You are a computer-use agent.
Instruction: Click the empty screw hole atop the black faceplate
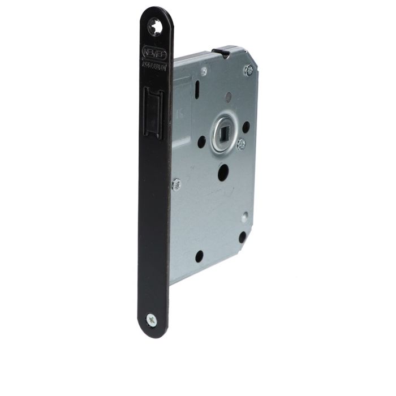[x=156, y=25]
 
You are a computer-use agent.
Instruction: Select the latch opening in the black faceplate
[x=153, y=112]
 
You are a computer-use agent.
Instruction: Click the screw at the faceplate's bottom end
[x=152, y=320]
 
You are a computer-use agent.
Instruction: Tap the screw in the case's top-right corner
[x=248, y=70]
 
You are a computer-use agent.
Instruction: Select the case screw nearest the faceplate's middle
[x=177, y=183]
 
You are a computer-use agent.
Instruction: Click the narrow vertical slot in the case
[x=196, y=90]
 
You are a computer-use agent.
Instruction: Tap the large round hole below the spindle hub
[x=222, y=173]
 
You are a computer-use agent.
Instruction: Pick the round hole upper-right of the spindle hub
[x=246, y=127]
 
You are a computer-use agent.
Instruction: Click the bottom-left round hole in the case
[x=199, y=256]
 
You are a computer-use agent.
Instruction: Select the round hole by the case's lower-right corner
[x=243, y=237]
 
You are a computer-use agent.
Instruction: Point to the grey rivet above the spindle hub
[x=228, y=97]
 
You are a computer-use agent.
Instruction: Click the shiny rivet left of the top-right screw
[x=204, y=71]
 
